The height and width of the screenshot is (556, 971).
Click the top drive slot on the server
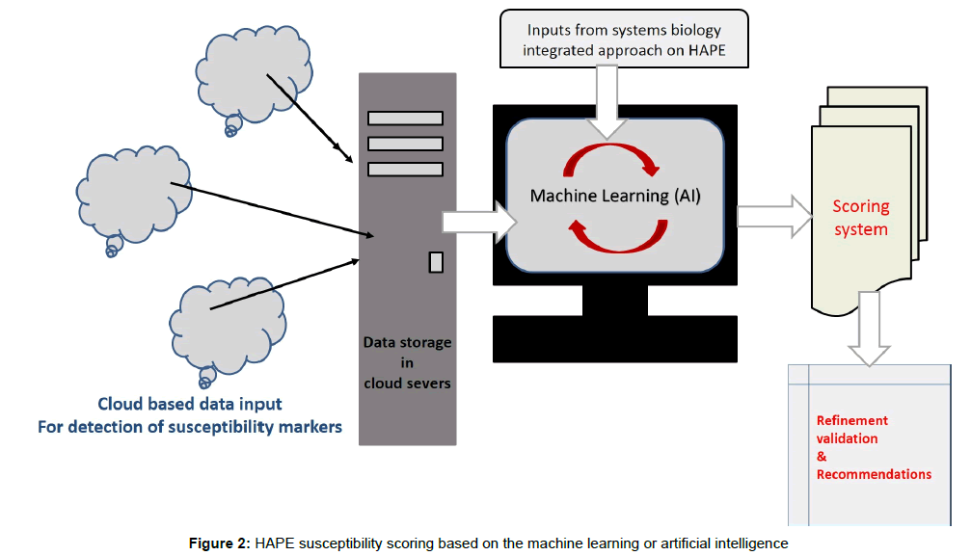tap(404, 119)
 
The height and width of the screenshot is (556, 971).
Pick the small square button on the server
tap(436, 261)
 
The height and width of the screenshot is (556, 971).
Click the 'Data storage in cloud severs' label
tap(407, 362)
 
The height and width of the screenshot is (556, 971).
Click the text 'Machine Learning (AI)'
tap(615, 196)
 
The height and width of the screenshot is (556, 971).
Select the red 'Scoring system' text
tap(860, 218)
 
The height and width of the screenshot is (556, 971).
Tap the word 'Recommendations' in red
tap(874, 474)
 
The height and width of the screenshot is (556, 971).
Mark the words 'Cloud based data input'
tap(190, 404)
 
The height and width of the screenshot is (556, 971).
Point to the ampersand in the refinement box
tap(822, 456)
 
